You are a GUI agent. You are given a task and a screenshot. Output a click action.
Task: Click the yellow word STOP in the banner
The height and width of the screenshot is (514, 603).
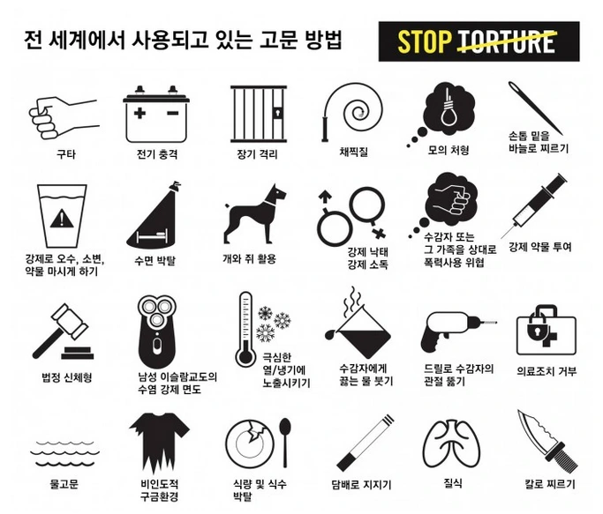[x=425, y=41]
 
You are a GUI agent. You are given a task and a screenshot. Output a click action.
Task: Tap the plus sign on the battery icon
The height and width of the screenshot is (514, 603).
[x=139, y=113]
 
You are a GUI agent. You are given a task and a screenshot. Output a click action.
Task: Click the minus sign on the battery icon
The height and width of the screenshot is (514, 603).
[x=173, y=113]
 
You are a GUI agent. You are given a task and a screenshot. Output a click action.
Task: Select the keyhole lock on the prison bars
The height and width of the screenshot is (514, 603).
[x=277, y=113]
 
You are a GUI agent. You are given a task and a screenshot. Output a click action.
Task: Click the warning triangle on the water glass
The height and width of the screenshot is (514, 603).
[x=62, y=218]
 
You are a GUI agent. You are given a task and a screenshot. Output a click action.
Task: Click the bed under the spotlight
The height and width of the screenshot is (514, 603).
[x=152, y=235]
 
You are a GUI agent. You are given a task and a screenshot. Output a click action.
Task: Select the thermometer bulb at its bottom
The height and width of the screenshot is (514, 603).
[x=245, y=356]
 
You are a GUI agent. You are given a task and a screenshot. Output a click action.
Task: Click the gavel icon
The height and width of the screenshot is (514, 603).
[x=63, y=331]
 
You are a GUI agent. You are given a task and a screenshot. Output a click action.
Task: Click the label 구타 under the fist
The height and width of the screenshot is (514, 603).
[x=65, y=154]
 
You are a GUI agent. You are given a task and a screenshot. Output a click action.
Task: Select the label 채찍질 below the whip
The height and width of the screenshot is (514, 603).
[x=353, y=152]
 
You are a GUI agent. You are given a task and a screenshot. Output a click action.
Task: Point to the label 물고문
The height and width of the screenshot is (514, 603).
[x=64, y=483]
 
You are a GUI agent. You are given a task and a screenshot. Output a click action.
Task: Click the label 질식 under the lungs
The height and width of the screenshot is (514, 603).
[x=453, y=483]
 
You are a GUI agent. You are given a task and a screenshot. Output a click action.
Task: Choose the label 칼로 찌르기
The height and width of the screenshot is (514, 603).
[x=550, y=484]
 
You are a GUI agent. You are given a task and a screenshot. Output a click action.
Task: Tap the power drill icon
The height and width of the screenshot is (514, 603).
[x=457, y=331]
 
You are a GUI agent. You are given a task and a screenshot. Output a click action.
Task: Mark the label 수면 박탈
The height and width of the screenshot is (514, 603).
[x=155, y=260]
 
